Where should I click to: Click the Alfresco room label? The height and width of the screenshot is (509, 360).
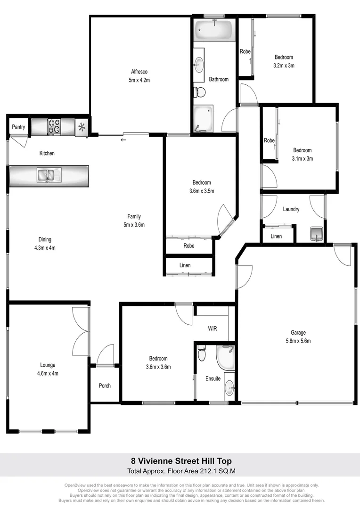point(139,72)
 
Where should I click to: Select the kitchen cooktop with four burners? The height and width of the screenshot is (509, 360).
point(53,127)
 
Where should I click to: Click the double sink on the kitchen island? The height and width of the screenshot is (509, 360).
point(47,175)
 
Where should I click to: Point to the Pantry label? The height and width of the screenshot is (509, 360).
point(18,127)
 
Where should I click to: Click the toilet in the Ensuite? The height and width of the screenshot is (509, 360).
point(202,353)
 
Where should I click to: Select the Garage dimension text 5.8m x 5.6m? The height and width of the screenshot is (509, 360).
point(298,341)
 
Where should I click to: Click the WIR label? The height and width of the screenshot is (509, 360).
point(212,328)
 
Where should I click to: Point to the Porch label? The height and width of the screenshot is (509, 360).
point(105,386)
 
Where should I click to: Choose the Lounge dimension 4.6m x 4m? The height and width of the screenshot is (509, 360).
point(48,373)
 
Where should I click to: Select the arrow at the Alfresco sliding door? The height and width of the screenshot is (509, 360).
point(123,140)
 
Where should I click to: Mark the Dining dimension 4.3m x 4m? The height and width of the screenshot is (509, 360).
point(45,247)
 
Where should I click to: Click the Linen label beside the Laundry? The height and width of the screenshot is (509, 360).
point(276,236)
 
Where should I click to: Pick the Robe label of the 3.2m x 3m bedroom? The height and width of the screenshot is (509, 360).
point(245,51)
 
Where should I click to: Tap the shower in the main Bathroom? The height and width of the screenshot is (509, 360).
point(203,118)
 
